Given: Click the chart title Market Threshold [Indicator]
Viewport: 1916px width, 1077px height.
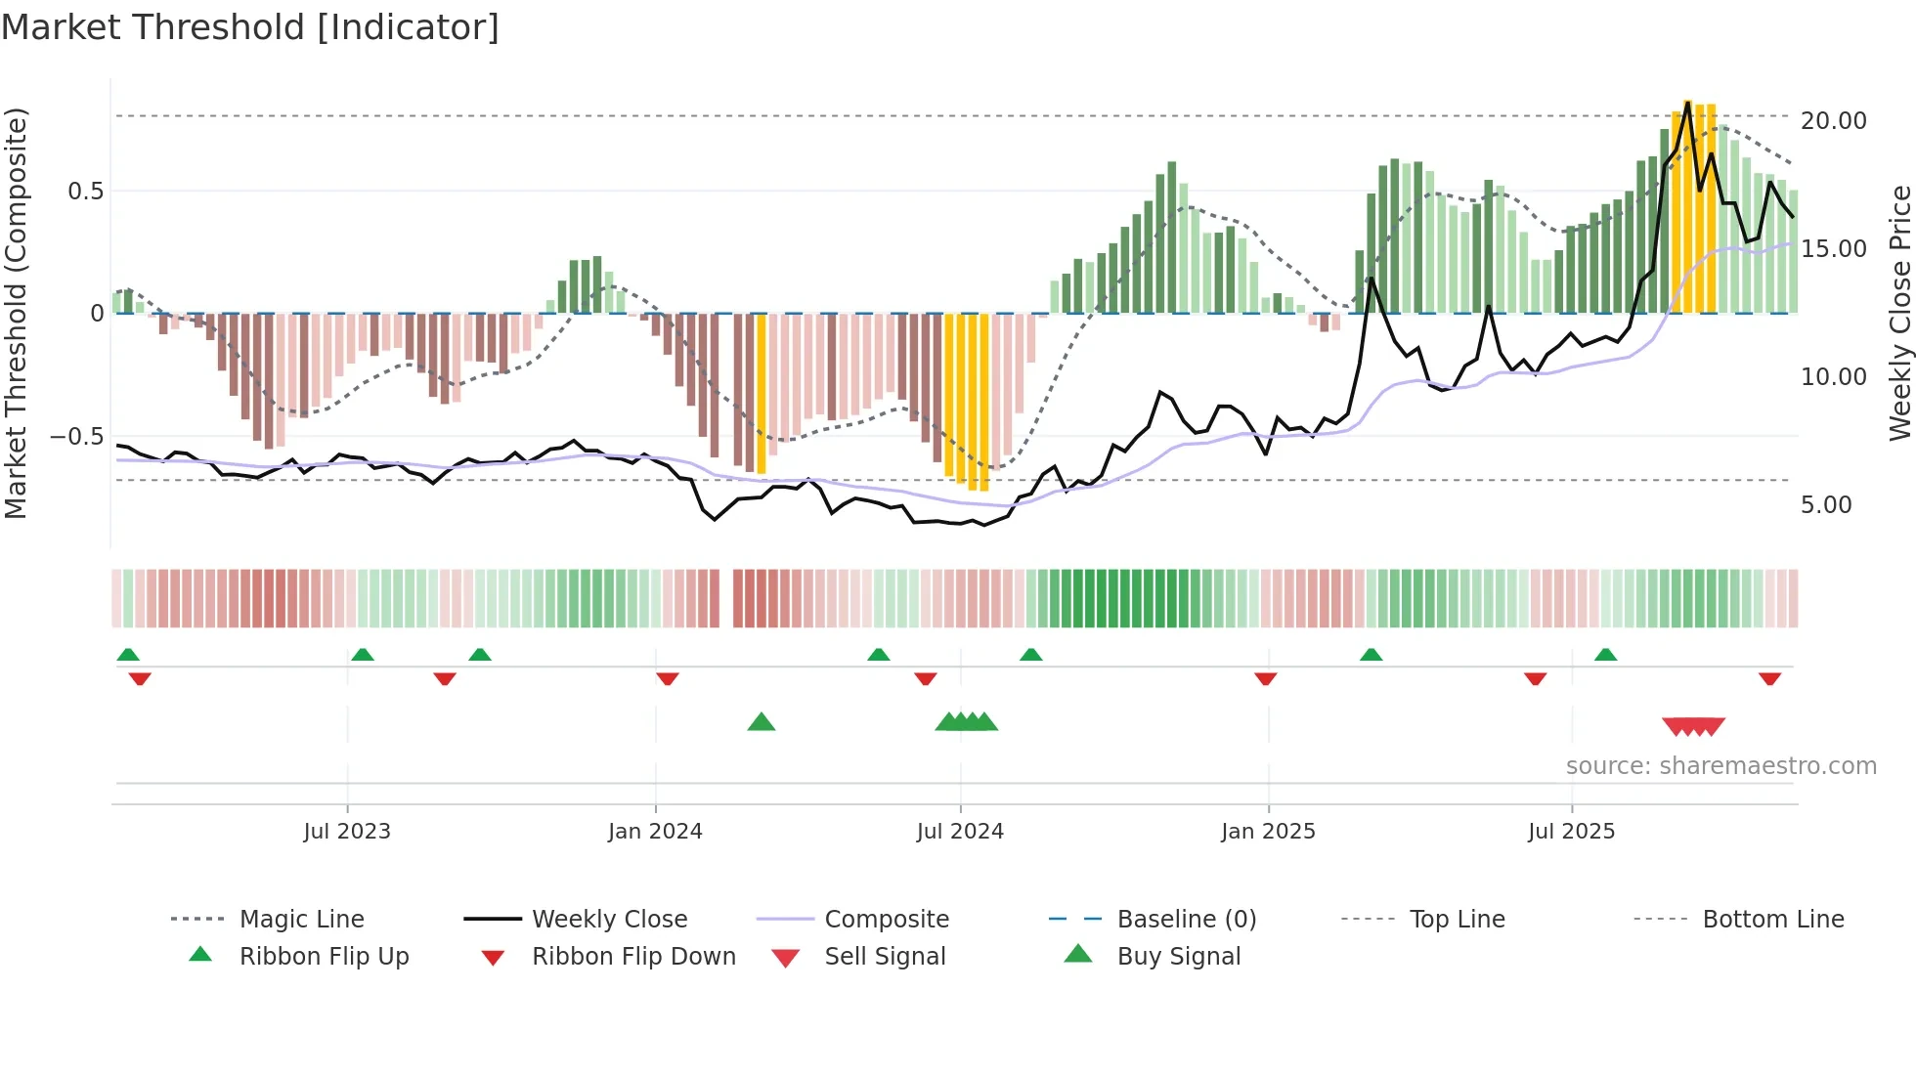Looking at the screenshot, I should click(250, 27).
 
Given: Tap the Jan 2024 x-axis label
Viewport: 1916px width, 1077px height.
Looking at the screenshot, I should click(655, 831).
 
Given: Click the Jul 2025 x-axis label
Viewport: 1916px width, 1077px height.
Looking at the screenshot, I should click(1571, 831).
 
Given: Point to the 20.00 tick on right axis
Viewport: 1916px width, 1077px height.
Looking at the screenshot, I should click(1833, 120).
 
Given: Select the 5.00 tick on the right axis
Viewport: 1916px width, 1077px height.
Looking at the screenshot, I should click(1825, 504).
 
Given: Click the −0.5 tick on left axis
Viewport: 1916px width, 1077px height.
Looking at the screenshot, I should click(76, 436).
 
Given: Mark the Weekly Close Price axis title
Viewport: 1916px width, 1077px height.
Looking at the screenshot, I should click(1899, 313).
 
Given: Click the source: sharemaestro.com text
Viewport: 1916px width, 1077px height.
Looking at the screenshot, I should click(1720, 765).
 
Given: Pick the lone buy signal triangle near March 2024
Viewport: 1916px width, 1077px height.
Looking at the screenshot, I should click(761, 722).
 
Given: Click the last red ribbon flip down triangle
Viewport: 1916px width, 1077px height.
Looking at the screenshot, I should click(1769, 678).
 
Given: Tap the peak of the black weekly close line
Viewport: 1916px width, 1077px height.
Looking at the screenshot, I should click(1688, 103).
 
